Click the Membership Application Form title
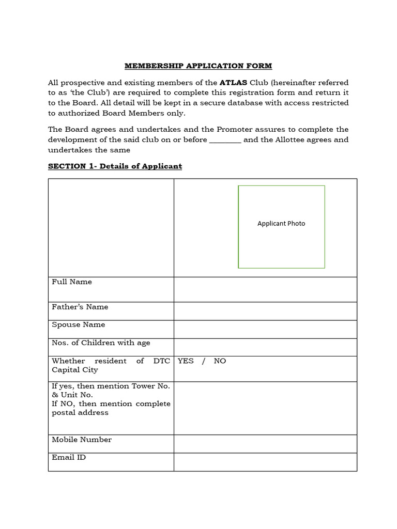(x=198, y=66)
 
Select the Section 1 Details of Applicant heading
(x=115, y=166)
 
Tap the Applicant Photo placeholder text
(x=281, y=224)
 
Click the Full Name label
(x=72, y=282)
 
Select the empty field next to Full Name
(x=265, y=289)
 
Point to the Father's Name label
(x=80, y=307)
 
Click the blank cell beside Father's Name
(x=265, y=311)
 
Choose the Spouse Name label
(x=79, y=325)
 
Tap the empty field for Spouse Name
(x=265, y=329)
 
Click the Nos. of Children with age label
(x=101, y=343)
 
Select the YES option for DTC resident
(x=186, y=361)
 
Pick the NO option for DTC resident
(x=220, y=361)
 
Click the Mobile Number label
(x=82, y=440)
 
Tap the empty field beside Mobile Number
(x=265, y=444)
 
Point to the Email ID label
(x=69, y=458)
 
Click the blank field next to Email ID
(x=265, y=462)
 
